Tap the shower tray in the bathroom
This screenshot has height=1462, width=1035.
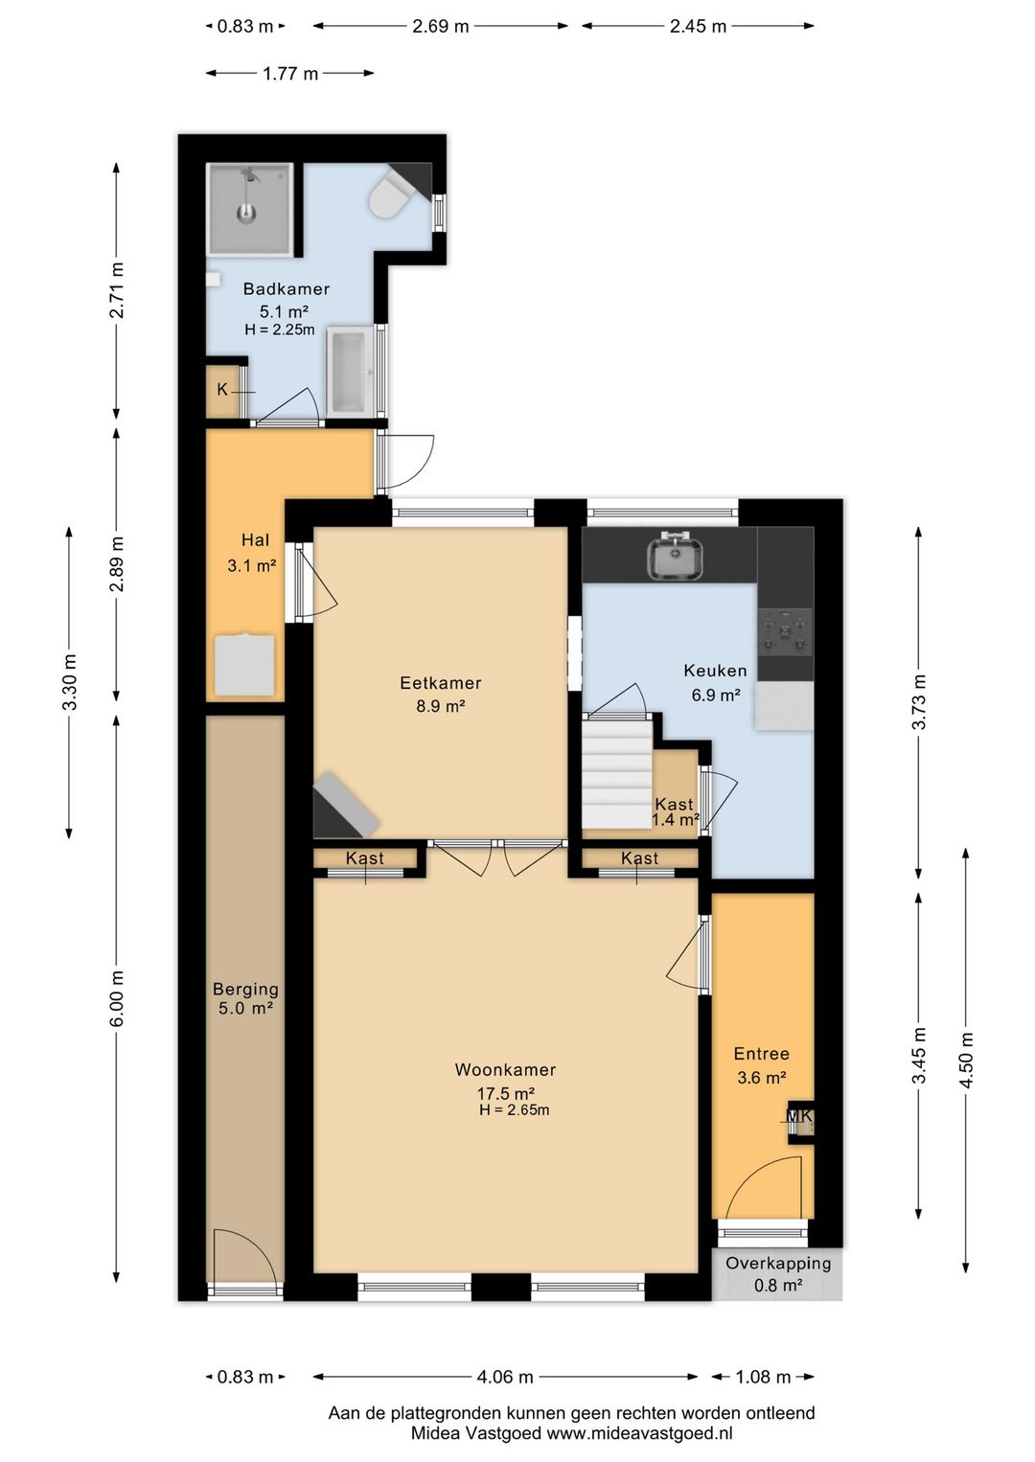pyautogui.click(x=249, y=209)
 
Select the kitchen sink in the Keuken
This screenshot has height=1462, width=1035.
pyautogui.click(x=675, y=557)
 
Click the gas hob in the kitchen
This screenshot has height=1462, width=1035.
pyautogui.click(x=785, y=632)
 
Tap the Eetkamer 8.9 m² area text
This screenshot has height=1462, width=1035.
pyautogui.click(x=440, y=705)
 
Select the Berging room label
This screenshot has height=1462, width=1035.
pyautogui.click(x=245, y=990)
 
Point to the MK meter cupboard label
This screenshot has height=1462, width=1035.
pyautogui.click(x=800, y=1115)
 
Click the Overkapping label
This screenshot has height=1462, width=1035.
pyautogui.click(x=778, y=1263)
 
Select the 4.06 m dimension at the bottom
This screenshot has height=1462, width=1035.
pyautogui.click(x=505, y=1377)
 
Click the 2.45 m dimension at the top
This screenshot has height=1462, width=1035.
pyautogui.click(x=698, y=26)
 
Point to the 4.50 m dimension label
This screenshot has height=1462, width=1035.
pyautogui.click(x=967, y=1061)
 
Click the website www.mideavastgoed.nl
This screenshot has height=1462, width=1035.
pyautogui.click(x=639, y=1434)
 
